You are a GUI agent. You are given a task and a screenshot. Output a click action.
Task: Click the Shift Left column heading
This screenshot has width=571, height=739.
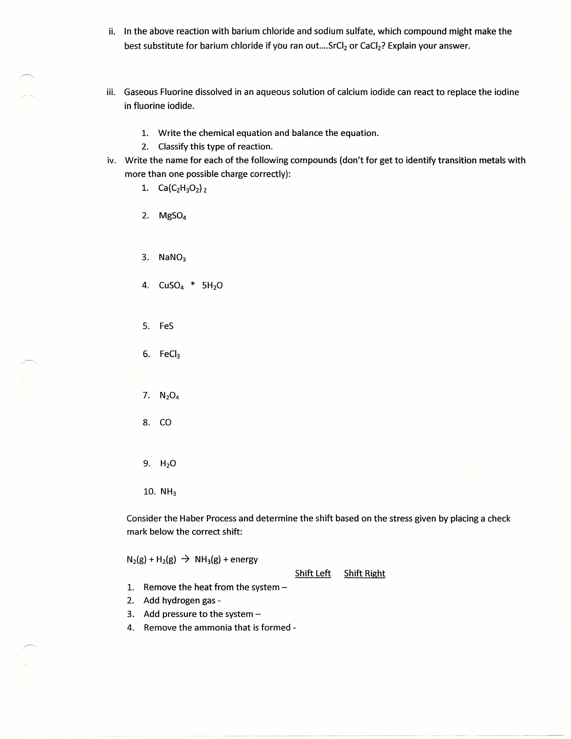[x=313, y=573]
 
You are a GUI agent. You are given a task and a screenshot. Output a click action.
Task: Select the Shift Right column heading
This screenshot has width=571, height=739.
[x=364, y=573]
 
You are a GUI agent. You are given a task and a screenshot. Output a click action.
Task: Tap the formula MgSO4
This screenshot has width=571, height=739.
[x=172, y=216]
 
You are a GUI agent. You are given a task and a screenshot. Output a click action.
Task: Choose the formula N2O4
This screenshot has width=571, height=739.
[x=169, y=395]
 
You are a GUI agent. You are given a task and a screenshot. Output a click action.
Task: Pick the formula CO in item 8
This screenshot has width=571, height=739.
[x=165, y=422]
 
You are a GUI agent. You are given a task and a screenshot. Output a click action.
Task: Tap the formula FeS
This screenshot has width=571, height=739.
[x=166, y=326]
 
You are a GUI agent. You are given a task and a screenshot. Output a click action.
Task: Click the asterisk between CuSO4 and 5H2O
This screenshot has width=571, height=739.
[x=193, y=285]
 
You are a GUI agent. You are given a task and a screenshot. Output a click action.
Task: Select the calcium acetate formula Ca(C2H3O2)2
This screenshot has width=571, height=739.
[x=182, y=188]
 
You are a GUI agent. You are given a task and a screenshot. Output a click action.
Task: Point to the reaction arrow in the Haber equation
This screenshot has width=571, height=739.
[x=185, y=559]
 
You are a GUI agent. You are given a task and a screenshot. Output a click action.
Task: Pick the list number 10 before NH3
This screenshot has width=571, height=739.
[x=149, y=491]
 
